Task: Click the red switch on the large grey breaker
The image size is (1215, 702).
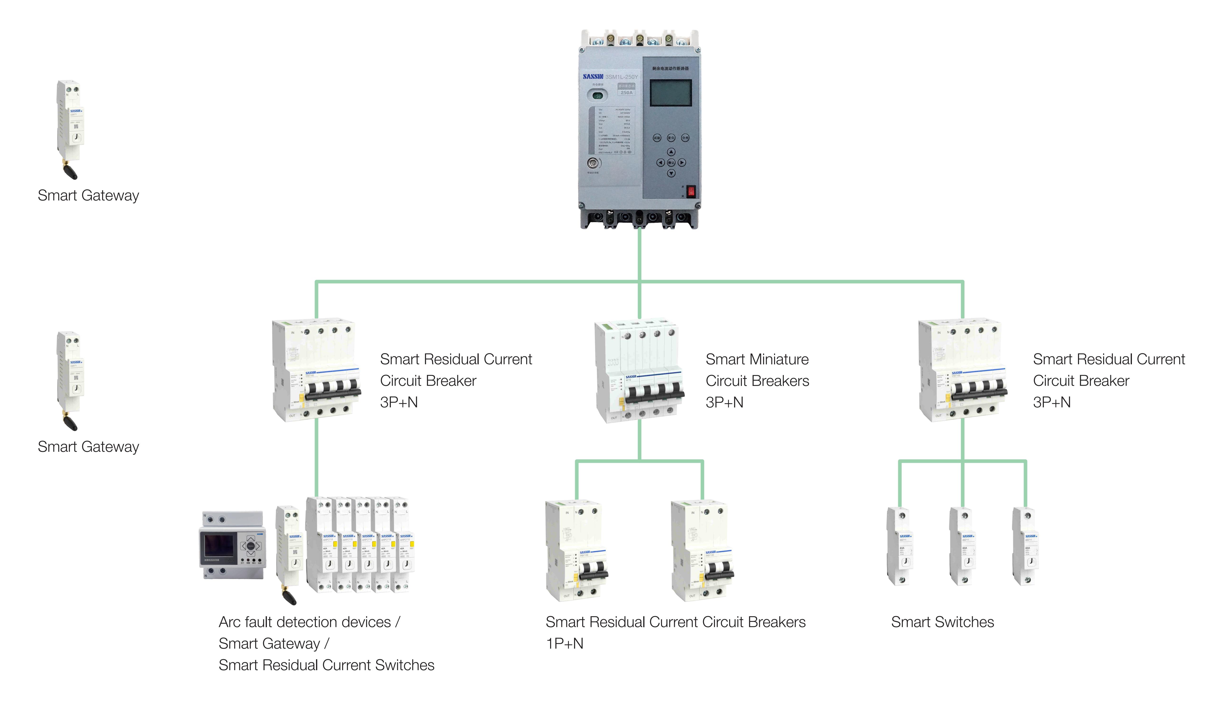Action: point(691,191)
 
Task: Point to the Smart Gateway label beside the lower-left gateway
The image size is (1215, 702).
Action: point(88,446)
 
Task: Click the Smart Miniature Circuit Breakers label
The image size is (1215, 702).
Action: point(757,370)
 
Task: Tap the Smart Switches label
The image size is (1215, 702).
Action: point(942,622)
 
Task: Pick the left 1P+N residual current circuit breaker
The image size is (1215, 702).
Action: point(576,551)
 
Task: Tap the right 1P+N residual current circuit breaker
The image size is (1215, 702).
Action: point(702,551)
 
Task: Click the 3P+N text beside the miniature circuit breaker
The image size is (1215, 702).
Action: point(724,402)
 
